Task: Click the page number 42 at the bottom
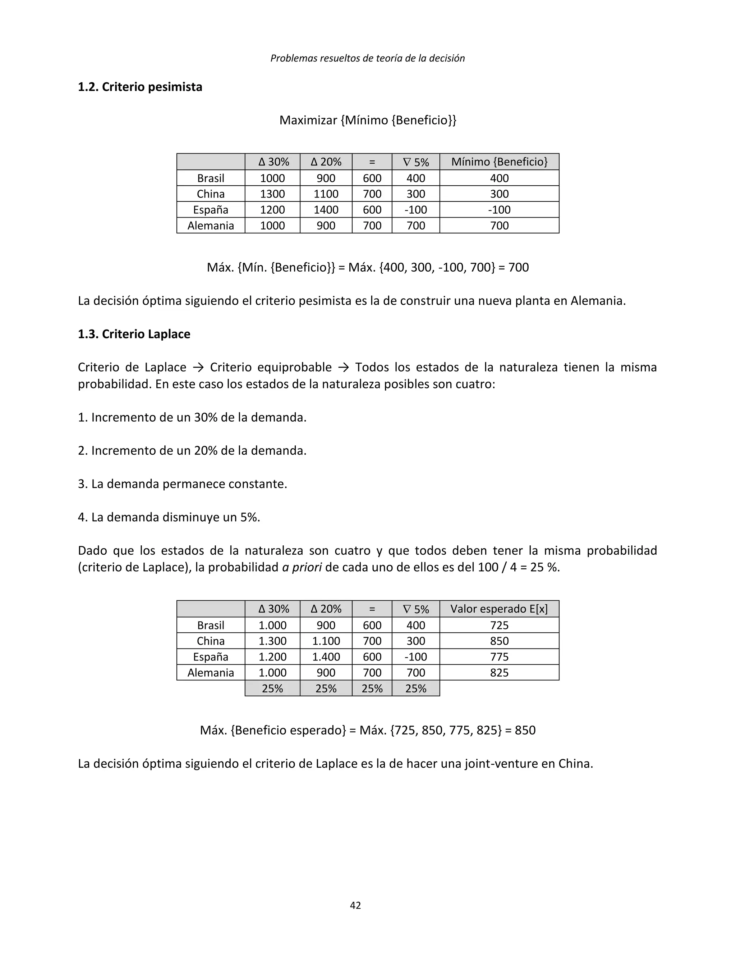coord(355,905)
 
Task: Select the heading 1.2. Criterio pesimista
coord(140,87)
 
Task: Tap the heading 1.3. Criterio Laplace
coord(134,334)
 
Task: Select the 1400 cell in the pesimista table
coord(326,210)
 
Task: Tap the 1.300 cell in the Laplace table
coord(272,641)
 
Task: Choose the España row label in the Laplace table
coord(211,657)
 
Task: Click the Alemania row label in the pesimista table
coord(211,226)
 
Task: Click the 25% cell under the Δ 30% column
coord(272,688)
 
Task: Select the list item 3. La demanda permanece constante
coord(182,484)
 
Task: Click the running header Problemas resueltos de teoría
coord(368,58)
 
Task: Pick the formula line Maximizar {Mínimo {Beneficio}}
coord(368,120)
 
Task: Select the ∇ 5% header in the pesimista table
coord(415,162)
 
